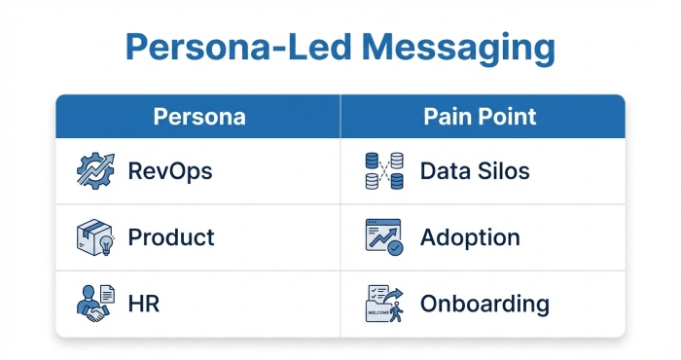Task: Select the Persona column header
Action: pos(199,117)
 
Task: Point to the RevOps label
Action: pos(170,172)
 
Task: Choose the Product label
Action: pos(171,237)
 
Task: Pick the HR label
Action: pos(144,304)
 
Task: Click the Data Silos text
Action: pos(475,172)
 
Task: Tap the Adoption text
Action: pos(470,237)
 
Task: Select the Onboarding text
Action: pos(484,304)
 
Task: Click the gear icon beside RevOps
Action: pos(94,172)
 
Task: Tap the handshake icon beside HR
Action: pos(94,304)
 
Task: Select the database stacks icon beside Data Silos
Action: pos(383,172)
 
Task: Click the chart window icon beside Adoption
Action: pos(383,237)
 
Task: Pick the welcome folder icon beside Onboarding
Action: pos(383,303)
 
